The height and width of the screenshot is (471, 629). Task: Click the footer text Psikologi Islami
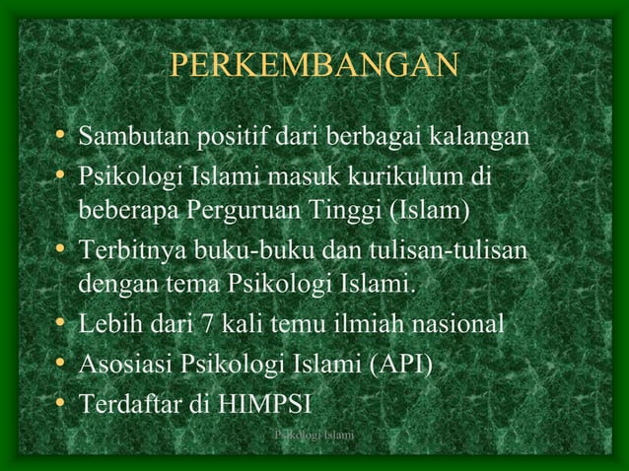click(314, 435)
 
